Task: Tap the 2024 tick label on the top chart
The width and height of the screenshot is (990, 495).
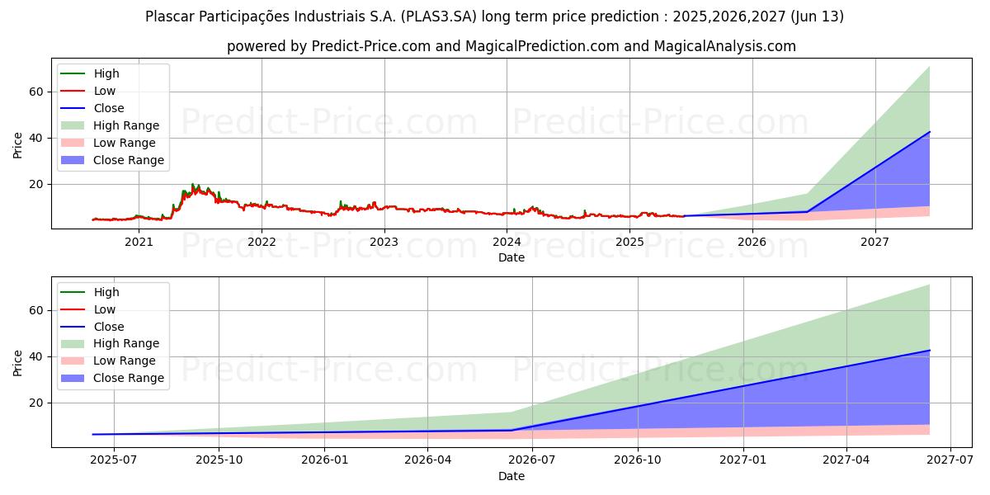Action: [507, 242]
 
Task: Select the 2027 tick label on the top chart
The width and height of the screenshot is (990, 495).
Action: [874, 242]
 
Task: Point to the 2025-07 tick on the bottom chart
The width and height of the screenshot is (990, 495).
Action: [114, 460]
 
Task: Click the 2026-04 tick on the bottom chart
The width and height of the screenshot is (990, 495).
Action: [427, 460]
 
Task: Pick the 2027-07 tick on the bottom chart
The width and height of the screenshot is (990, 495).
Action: [950, 460]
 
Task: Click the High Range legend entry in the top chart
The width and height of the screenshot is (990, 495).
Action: [126, 125]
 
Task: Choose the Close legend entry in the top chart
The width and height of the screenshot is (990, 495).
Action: [109, 108]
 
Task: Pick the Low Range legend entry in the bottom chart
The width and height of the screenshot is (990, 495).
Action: [124, 361]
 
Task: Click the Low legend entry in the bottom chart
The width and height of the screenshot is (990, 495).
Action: [105, 309]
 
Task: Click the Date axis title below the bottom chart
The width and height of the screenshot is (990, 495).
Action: [511, 476]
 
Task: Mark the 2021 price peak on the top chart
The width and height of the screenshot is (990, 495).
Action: [192, 184]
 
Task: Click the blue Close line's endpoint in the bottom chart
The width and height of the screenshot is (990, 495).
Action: [930, 351]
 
